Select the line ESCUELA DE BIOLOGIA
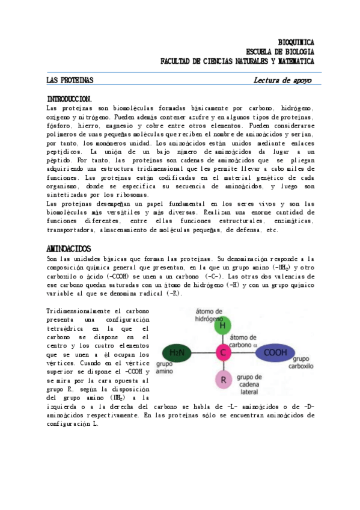click(279, 51)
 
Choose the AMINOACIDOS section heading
click(69, 248)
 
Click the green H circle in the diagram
click(224, 325)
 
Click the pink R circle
click(224, 380)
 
